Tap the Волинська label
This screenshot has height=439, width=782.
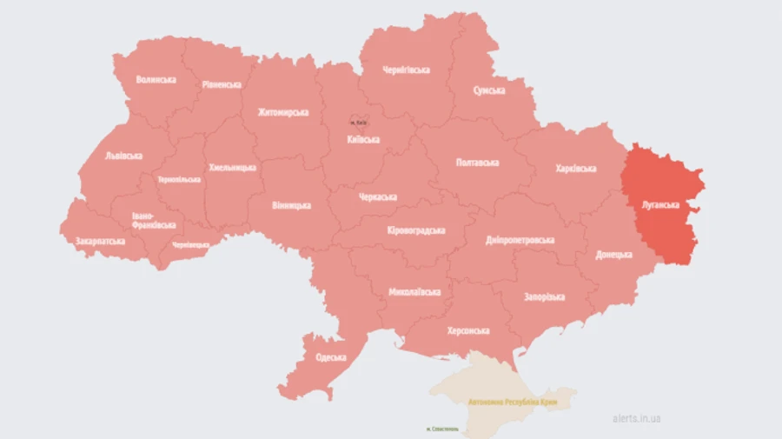156,79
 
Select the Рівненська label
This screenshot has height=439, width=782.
222,84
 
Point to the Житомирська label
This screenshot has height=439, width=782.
283,112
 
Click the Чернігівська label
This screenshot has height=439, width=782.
407,70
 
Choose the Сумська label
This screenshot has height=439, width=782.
492,90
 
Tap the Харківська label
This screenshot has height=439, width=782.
575,168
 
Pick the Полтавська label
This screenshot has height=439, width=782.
477,163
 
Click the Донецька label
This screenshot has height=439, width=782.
614,255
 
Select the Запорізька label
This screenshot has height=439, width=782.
544,296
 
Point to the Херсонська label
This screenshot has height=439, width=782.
468,330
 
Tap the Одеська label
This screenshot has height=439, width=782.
331,356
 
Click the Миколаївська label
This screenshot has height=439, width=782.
414,291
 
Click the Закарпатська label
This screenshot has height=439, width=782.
100,241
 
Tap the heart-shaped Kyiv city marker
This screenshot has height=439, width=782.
359,123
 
